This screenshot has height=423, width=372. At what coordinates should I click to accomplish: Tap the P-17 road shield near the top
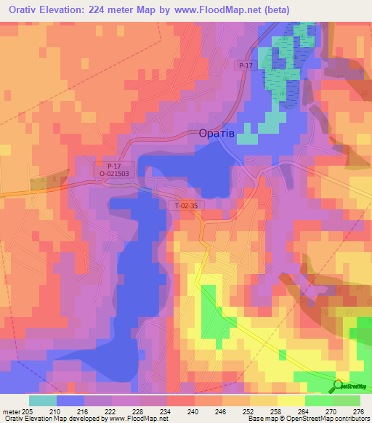[244, 65]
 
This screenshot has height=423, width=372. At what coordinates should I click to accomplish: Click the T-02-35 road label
[186, 206]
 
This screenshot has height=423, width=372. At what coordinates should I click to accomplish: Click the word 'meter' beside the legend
[10, 411]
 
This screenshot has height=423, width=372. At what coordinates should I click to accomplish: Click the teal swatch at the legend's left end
[42, 400]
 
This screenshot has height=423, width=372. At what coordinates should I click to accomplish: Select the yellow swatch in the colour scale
[291, 400]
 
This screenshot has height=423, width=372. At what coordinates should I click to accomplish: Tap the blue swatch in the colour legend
[70, 400]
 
